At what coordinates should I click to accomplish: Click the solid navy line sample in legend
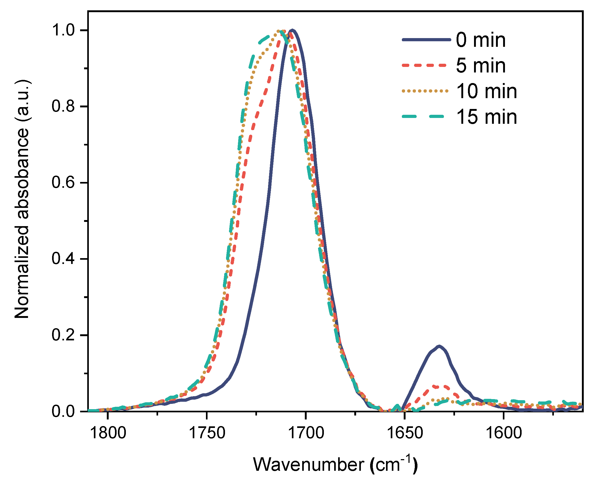(426, 40)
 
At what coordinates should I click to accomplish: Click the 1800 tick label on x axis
(108, 433)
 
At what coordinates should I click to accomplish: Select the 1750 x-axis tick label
(207, 433)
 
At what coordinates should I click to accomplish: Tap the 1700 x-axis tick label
(306, 433)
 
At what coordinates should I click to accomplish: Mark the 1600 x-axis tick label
(504, 433)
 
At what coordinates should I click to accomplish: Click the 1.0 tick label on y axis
(63, 30)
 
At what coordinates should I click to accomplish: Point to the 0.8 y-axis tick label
(63, 106)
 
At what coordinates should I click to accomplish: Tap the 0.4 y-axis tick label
(63, 259)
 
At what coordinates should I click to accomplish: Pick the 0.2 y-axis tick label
(63, 335)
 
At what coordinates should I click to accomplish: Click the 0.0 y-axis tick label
(63, 411)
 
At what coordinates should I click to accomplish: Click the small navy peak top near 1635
(439, 346)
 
